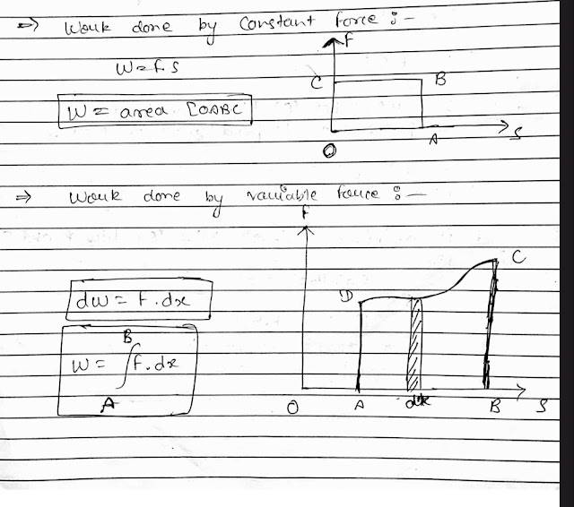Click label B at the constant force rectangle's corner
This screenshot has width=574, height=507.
(439, 79)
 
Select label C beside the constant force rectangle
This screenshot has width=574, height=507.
(317, 83)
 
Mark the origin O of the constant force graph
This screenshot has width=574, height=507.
(329, 152)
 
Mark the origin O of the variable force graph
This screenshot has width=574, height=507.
(293, 408)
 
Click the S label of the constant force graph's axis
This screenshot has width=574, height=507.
(518, 135)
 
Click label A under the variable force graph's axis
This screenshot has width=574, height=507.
(358, 405)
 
